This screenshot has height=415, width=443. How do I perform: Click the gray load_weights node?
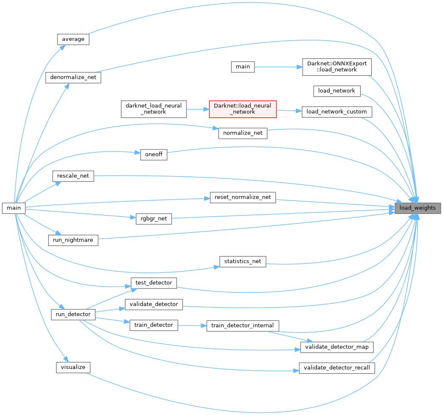pos(418,208)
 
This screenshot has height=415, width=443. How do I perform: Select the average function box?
pos(73,39)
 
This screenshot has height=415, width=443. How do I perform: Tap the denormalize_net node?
pos(73,77)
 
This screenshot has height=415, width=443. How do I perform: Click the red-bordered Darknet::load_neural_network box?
pos(243,108)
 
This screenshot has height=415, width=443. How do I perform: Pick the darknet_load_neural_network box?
pos(153,108)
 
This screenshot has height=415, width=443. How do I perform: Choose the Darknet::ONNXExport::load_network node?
pos(337,67)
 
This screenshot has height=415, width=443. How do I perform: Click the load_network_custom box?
pos(337,112)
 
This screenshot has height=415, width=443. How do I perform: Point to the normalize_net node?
pos(243,133)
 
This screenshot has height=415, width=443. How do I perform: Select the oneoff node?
pos(154,155)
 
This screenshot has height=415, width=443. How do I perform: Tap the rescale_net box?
pos(73,176)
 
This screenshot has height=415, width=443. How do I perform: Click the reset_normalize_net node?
pos(243,197)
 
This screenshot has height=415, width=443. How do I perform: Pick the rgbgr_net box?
pos(154,219)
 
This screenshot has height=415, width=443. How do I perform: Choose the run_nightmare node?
pos(73,240)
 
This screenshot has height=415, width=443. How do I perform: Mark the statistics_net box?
pos(243,261)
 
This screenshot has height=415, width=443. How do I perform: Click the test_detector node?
pos(153,283)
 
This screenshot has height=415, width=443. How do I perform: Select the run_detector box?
pos(73,315)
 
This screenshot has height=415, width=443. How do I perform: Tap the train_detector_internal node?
pos(243,325)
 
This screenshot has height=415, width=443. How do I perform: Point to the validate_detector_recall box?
pos(336,368)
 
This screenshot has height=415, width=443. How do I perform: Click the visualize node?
pos(73,367)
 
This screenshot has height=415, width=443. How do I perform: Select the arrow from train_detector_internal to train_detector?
pos(192,325)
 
